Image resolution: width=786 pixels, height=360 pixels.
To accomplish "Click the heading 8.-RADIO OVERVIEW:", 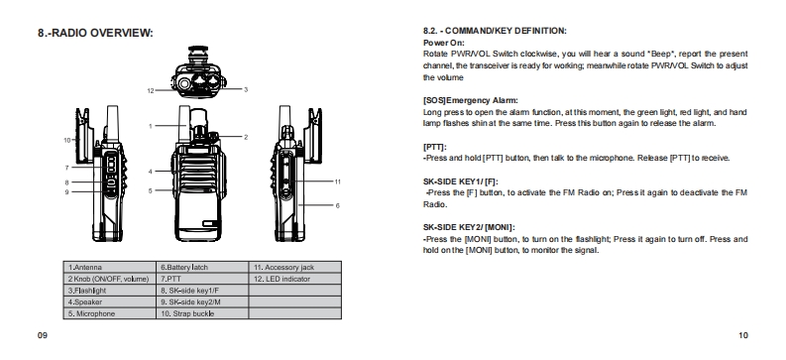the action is (95, 33).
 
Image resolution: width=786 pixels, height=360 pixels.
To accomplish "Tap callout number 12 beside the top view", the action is (151, 91).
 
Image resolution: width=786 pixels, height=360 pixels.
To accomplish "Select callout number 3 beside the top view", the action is (246, 89).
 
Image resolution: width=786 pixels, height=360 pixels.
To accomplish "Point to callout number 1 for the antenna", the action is (150, 126).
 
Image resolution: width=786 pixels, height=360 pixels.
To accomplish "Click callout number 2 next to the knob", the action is (246, 137).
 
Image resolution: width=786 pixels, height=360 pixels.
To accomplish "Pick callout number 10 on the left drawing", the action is (67, 141).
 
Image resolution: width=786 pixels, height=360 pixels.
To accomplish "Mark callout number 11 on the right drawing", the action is (337, 181).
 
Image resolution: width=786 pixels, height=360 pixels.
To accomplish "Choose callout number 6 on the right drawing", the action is (337, 205).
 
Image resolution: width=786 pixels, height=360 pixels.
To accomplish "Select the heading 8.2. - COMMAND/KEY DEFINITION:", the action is (495, 31).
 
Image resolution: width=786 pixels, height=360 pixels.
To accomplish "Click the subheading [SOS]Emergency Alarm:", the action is (471, 100).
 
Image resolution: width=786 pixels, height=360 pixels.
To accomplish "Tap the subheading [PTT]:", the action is (434, 147).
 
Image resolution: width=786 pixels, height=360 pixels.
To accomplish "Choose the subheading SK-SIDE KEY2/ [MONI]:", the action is (469, 227).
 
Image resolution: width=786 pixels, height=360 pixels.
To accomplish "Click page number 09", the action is (43, 335).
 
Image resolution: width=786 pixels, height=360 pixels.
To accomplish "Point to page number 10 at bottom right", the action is (743, 335).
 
